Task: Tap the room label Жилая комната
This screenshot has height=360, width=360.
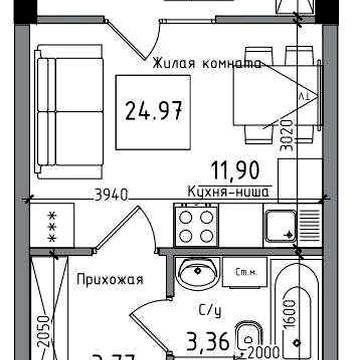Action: (205, 64)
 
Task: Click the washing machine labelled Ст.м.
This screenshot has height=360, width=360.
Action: (243, 271)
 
